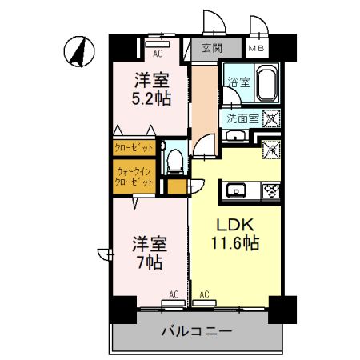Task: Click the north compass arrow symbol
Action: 77,53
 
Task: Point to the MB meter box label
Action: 258,50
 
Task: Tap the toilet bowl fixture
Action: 174,159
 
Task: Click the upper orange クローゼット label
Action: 133,147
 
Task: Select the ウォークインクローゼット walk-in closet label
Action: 133,177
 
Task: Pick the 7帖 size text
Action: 147,262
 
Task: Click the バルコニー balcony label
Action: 196,330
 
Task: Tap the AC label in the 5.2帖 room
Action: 158,54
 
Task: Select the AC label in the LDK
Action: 204,294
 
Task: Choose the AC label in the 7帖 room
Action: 173,294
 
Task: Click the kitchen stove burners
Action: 270,190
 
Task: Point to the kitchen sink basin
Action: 237,190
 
